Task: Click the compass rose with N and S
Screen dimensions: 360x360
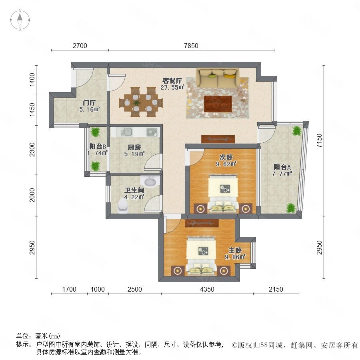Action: pos(20,20)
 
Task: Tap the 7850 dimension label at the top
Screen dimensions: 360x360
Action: pos(191,46)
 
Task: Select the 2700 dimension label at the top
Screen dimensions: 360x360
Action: pos(80,46)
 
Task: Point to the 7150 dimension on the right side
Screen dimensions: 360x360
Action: pos(319,141)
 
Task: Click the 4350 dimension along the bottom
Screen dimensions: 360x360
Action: pos(207,289)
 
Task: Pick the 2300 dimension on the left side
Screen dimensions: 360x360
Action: pos(32,150)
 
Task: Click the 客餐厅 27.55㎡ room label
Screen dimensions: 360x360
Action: pos(172,84)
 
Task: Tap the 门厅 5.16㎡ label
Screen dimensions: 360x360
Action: pos(90,106)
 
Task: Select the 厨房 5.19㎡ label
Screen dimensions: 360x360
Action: pos(134,151)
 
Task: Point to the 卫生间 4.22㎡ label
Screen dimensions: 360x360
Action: pos(134,194)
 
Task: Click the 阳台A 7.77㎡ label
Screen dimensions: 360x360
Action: pos(282,170)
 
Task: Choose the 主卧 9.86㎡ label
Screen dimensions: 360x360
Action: pos(235,254)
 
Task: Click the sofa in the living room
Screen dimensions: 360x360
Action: pos(217,78)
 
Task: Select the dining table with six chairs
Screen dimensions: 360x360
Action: pos(141,102)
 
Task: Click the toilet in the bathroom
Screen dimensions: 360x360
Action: pos(122,206)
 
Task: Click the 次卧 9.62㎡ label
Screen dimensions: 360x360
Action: pos(226,160)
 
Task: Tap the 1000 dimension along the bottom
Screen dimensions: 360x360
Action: pos(98,289)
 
